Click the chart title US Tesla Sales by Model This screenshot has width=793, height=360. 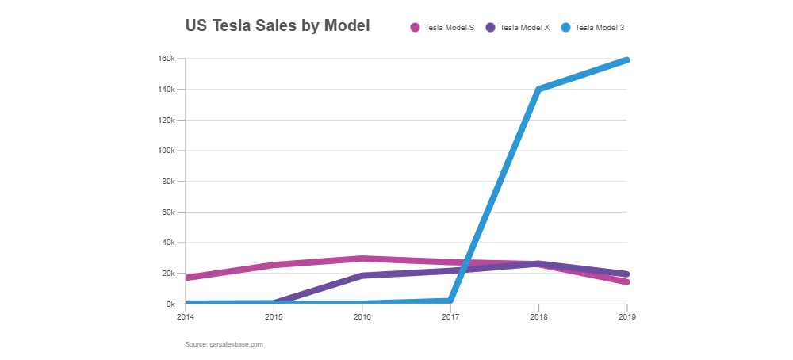pos(277,25)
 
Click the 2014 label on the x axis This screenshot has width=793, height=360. pos(185,316)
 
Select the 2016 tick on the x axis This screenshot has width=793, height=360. pos(362,316)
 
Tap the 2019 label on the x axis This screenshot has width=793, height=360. pos(626,316)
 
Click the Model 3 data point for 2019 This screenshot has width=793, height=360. pos(626,59)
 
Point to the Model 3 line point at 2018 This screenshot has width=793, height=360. pos(538,89)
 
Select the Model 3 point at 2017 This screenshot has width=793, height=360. pos(450,301)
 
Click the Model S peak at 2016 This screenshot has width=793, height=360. pos(362,259)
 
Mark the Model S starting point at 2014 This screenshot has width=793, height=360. pos(186,278)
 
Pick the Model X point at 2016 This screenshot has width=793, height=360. pos(362,276)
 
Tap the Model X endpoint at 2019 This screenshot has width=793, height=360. pos(626,274)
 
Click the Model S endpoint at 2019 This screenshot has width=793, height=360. pos(626,282)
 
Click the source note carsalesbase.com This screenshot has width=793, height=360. pos(224,344)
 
